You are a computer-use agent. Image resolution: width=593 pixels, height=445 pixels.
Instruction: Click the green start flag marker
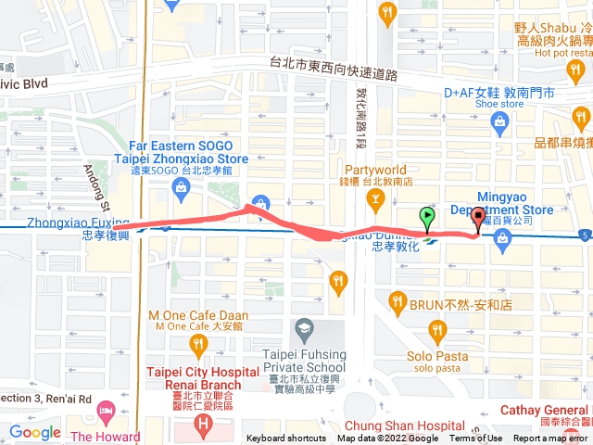pos(427,219)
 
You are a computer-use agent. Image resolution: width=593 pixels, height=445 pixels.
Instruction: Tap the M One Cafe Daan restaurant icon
pos(197,348)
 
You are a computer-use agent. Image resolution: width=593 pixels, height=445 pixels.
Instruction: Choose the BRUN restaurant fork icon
pos(397,301)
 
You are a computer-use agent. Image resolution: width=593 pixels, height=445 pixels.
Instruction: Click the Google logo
pos(35,432)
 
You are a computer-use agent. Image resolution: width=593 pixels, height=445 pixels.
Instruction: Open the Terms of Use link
pos(476,439)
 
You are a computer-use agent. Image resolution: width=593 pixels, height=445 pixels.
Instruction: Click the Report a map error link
pos(551,439)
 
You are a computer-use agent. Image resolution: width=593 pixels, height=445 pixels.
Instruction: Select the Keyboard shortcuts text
pos(286,439)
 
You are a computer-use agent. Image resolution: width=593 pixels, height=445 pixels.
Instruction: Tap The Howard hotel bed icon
pos(107,409)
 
